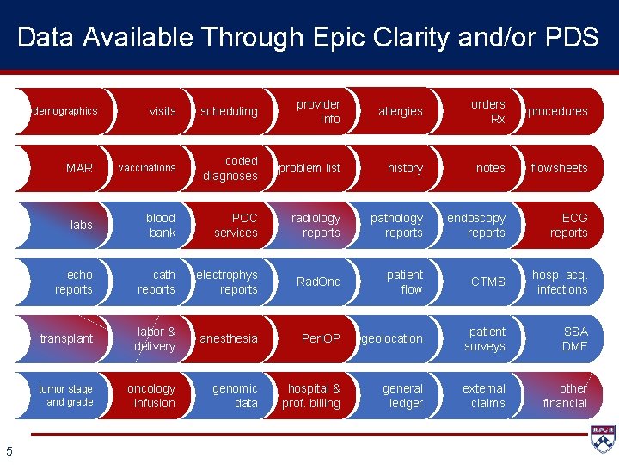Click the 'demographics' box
click(x=65, y=111)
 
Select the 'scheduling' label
click(x=229, y=111)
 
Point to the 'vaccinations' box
click(x=147, y=168)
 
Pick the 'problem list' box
click(x=309, y=168)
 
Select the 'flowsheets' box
click(x=559, y=168)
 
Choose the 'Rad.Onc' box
click(x=318, y=282)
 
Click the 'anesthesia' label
click(x=229, y=338)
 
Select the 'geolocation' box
click(x=392, y=338)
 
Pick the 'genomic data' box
click(x=235, y=395)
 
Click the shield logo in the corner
click(x=604, y=438)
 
